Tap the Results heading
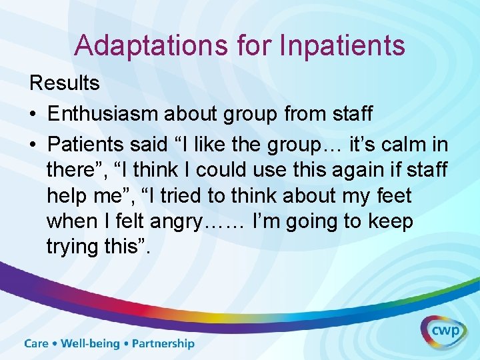(x=64, y=83)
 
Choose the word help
(x=67, y=196)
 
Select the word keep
(x=390, y=221)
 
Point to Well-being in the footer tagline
(x=90, y=344)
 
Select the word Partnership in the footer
(x=163, y=344)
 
